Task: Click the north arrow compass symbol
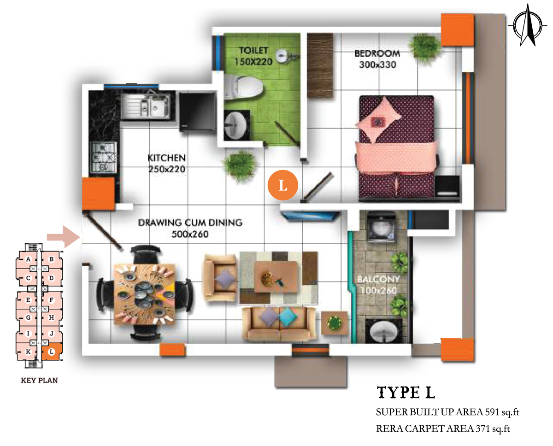click(x=528, y=25)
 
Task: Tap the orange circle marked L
click(x=282, y=185)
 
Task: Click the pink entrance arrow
click(x=64, y=237)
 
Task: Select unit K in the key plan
click(x=28, y=352)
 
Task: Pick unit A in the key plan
click(x=28, y=259)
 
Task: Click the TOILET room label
click(x=253, y=50)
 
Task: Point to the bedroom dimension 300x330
click(x=377, y=65)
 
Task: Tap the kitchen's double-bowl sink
click(x=146, y=106)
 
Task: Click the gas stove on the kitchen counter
click(x=104, y=157)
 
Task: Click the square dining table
click(x=144, y=294)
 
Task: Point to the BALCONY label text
click(x=378, y=279)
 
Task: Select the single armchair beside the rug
click(x=220, y=277)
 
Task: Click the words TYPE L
click(x=406, y=392)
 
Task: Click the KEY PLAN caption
click(x=39, y=380)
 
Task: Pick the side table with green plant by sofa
click(x=334, y=323)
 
